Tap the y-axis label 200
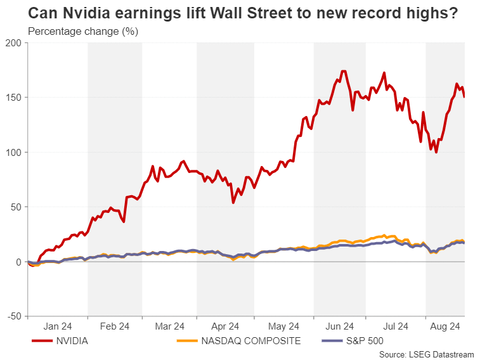point(14,42)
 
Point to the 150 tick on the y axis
point(14,97)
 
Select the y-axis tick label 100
point(14,152)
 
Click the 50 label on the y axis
point(16,207)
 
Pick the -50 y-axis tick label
point(14,316)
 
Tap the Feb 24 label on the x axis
point(115,326)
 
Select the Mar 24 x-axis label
point(170,326)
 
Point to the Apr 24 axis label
point(226,326)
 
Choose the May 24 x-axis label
point(283,326)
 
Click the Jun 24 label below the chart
point(340,326)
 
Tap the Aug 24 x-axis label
point(444,326)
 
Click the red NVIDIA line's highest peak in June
point(343,71)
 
